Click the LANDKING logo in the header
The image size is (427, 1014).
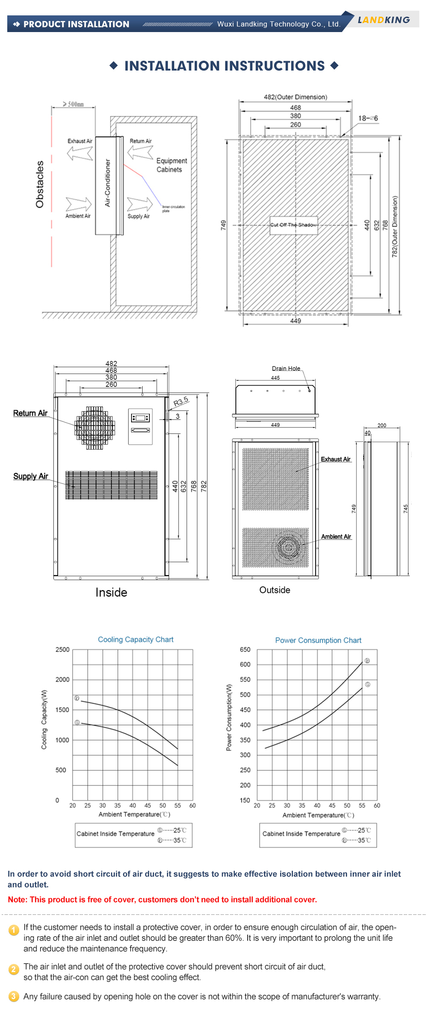point(383,20)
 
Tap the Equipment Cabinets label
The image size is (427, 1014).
point(171,165)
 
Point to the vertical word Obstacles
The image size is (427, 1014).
point(40,184)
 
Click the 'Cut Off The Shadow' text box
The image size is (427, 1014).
point(294,225)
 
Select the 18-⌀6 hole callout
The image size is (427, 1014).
point(368,118)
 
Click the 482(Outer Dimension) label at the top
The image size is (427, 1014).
point(295,97)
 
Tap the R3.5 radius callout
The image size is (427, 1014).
point(181,401)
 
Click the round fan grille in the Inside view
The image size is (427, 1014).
point(95,428)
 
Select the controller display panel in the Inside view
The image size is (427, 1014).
point(140,426)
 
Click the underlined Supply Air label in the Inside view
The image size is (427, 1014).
point(30,476)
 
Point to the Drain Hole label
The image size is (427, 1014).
point(286,368)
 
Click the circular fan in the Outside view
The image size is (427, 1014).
point(289,547)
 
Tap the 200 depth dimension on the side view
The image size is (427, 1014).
point(382,425)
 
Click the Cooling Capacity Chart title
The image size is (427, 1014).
point(135,640)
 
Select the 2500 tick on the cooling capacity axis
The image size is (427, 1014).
point(62,649)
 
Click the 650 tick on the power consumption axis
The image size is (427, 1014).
point(245,649)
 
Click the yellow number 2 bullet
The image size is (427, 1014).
point(14,969)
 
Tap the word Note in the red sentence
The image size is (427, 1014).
point(17,900)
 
